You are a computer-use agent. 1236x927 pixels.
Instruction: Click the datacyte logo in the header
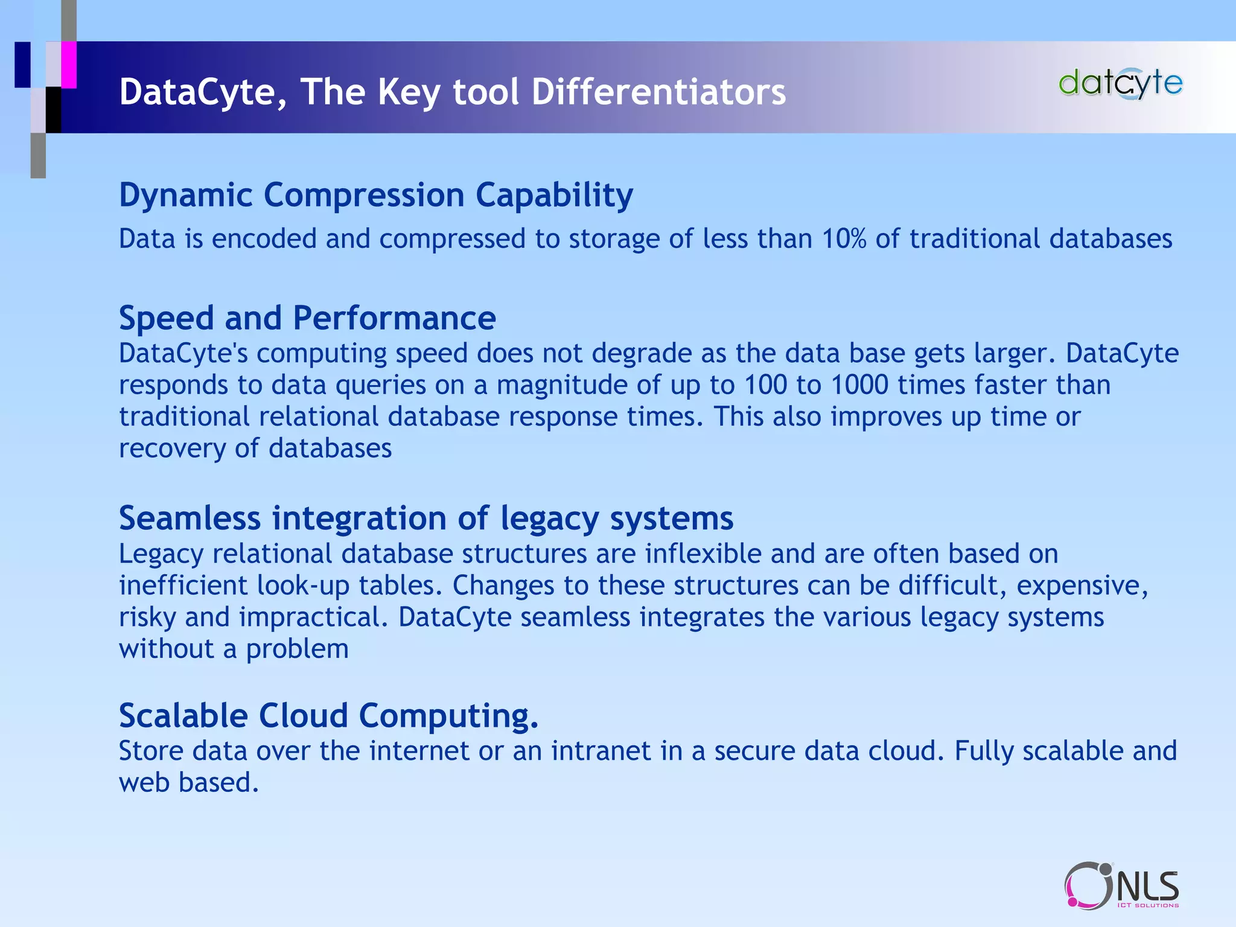click(1120, 83)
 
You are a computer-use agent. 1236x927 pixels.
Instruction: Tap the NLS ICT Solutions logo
click(1121, 885)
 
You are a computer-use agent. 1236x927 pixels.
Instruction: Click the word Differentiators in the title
click(658, 92)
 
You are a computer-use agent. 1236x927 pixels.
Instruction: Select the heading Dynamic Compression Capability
click(376, 196)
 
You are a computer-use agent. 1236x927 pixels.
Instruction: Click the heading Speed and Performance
click(307, 318)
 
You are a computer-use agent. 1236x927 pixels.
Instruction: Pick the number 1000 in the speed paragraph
click(859, 385)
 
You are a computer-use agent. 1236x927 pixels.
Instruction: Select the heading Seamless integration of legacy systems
click(426, 518)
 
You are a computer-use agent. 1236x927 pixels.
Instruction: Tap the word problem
click(297, 649)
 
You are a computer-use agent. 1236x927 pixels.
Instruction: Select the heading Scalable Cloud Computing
click(328, 716)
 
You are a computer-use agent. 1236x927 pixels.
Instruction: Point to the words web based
click(188, 783)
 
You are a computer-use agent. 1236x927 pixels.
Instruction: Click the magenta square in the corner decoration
click(69, 65)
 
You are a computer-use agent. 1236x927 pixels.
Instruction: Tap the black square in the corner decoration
click(54, 109)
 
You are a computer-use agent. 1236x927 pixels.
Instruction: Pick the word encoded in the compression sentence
click(264, 239)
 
